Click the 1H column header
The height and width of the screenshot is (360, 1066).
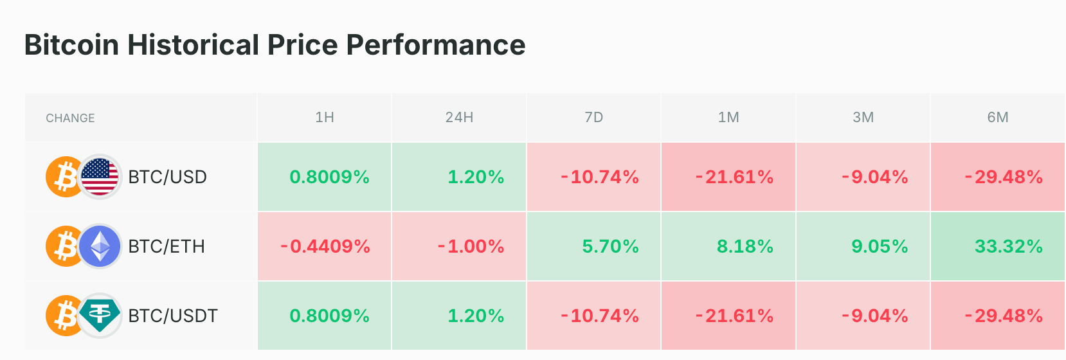click(325, 117)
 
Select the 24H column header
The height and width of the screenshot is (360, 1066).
click(459, 117)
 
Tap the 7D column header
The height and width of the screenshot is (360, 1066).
click(594, 117)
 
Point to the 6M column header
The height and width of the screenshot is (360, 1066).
click(998, 117)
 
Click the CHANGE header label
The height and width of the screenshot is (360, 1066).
click(71, 118)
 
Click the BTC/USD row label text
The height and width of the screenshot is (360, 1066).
click(168, 177)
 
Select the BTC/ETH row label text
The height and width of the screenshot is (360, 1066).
click(167, 246)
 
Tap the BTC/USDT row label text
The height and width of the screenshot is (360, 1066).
click(173, 316)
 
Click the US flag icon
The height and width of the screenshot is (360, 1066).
click(100, 177)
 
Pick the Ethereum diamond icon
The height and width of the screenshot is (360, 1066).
click(100, 246)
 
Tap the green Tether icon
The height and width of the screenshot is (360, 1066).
click(100, 316)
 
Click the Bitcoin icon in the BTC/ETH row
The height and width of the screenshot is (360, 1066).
click(63, 246)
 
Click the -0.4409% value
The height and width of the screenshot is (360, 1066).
click(325, 246)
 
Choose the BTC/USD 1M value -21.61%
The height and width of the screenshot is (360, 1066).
click(734, 177)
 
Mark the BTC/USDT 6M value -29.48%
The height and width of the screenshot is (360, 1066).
click(1004, 316)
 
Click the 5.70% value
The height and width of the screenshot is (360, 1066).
click(610, 246)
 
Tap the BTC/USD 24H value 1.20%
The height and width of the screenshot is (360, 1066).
click(476, 177)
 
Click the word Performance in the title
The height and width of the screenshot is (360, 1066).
click(435, 45)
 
